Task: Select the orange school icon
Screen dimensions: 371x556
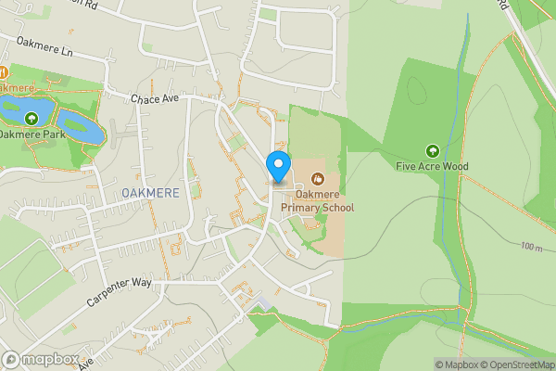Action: point(317,178)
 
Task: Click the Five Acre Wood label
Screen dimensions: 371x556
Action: point(432,167)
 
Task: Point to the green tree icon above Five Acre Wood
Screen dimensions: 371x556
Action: point(431,150)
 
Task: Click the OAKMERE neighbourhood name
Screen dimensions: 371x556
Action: point(148,192)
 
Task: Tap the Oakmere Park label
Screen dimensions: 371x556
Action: point(30,134)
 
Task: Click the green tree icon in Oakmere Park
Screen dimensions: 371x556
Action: point(32,118)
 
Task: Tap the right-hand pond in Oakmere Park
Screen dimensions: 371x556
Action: point(81,125)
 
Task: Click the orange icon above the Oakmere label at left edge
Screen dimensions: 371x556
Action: point(3,72)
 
